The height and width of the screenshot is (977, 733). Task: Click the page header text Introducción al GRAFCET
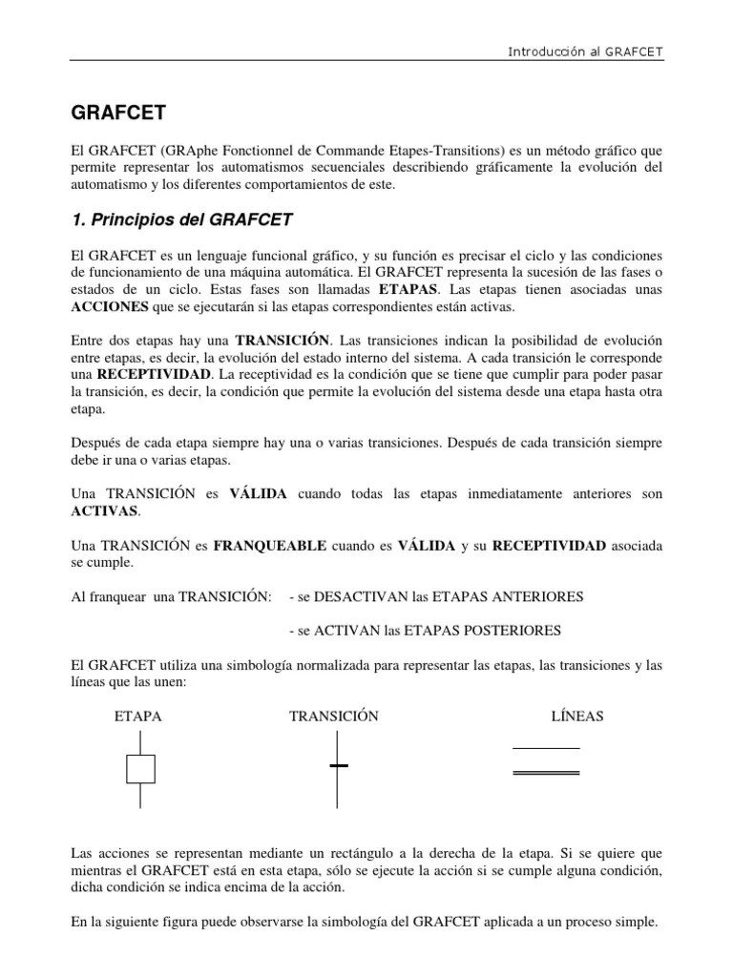[586, 50]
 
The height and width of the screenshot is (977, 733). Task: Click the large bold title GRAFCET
[119, 114]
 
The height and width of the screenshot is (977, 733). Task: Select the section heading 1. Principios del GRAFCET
[181, 220]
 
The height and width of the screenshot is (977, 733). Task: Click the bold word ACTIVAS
[105, 510]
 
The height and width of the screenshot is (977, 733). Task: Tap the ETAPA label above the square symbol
[137, 717]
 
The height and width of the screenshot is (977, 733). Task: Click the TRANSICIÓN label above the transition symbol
[334, 717]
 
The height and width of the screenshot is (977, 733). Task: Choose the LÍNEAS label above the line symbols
[577, 717]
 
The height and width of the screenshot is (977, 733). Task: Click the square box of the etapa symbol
[140, 768]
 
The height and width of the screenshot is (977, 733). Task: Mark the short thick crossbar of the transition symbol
[339, 765]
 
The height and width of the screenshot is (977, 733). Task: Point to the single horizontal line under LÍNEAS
[547, 748]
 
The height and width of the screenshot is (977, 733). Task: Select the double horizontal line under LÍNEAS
[547, 771]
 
